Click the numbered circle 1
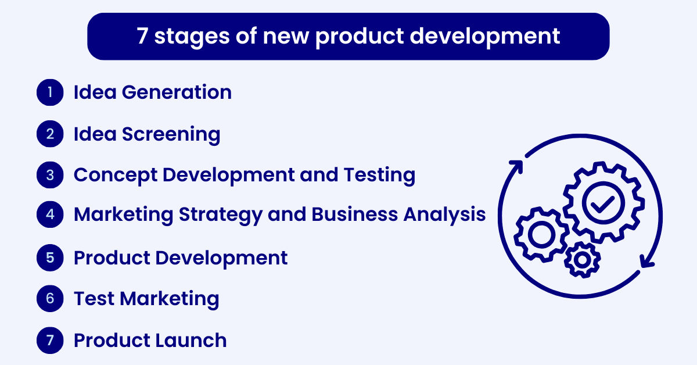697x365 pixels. click(50, 92)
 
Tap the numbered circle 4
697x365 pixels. click(50, 214)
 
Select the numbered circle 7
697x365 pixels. click(50, 340)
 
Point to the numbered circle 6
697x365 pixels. click(50, 299)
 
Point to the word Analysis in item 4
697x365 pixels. click(444, 214)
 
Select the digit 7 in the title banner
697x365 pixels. click(142, 37)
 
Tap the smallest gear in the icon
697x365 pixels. click(581, 260)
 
